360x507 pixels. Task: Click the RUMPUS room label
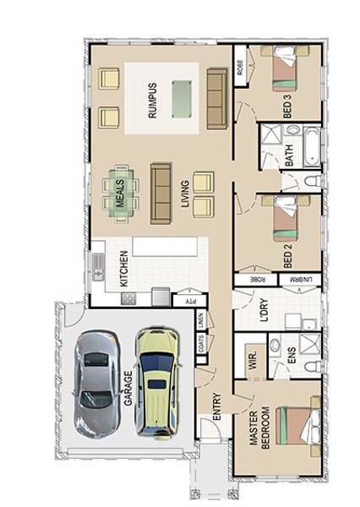tap(152, 101)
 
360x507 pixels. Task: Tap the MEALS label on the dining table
tap(120, 194)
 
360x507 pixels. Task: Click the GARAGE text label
tap(128, 389)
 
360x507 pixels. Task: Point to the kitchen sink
tap(99, 267)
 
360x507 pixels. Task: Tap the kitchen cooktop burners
tap(128, 298)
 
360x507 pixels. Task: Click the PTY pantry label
tap(190, 302)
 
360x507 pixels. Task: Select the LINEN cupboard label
tap(201, 320)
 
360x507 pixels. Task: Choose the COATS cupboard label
tap(201, 344)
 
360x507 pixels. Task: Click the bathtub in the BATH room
tap(312, 147)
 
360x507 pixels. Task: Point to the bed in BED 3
tap(285, 68)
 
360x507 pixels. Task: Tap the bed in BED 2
tap(285, 219)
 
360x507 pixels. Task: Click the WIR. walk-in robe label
tap(253, 361)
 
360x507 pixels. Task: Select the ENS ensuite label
tap(292, 356)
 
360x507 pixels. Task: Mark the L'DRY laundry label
tap(265, 310)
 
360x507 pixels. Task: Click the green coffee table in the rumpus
tap(181, 100)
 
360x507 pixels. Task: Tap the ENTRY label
tap(217, 406)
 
